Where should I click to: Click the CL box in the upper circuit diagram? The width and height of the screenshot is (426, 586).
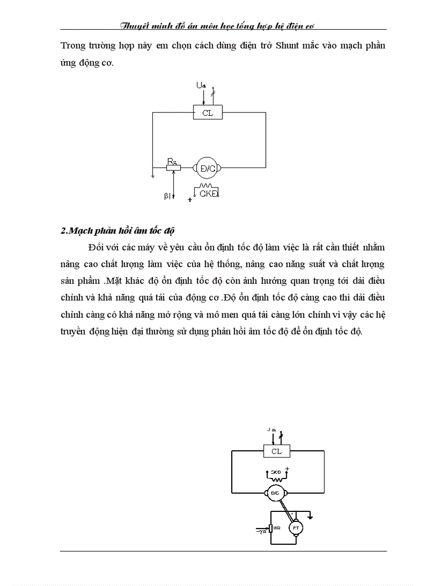207,113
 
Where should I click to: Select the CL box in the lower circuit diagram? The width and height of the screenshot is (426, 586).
276,451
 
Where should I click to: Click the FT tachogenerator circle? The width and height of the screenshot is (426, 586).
296,529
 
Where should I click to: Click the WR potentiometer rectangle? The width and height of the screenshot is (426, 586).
270,529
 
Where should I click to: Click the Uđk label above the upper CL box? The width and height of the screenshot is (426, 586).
200,85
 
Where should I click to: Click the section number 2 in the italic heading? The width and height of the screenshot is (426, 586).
64,231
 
